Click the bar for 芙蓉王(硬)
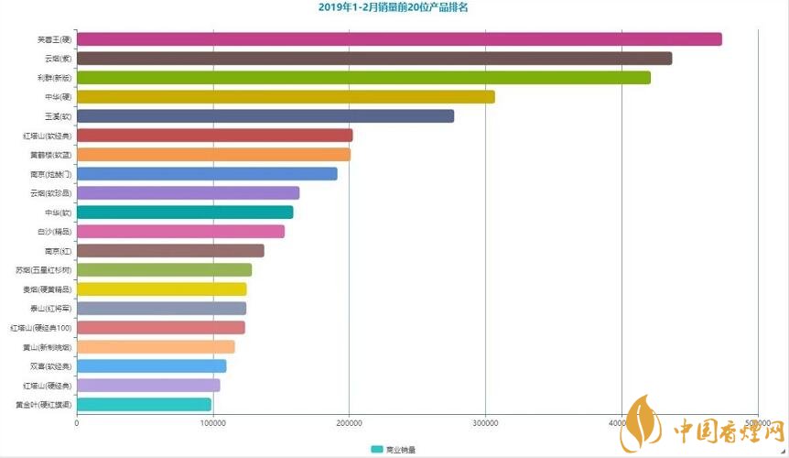(x=399, y=39)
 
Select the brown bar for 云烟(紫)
(x=374, y=59)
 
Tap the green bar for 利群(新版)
(x=363, y=78)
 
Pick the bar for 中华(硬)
(x=286, y=97)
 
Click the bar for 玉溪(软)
(x=265, y=116)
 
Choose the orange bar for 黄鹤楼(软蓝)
(x=213, y=155)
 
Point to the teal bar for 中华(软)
(x=185, y=213)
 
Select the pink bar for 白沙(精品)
(x=180, y=232)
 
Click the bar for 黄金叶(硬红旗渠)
(x=144, y=405)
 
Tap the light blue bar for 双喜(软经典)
(x=151, y=366)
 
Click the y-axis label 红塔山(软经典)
(x=47, y=136)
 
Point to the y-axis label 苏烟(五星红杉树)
(x=43, y=270)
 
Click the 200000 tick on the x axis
(x=349, y=422)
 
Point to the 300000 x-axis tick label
(x=485, y=422)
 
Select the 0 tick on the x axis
(x=77, y=422)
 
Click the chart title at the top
(x=394, y=7)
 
